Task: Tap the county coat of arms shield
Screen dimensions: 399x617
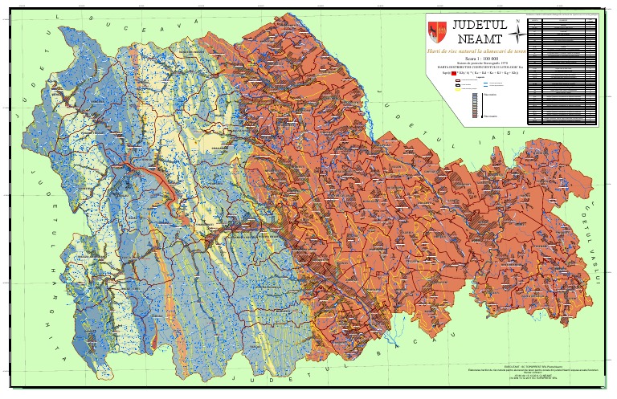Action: [438, 33]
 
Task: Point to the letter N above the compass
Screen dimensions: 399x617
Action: [517, 22]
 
